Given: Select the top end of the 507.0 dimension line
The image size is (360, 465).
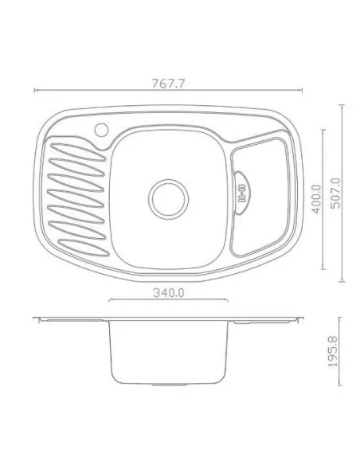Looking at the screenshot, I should [x=343, y=104].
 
